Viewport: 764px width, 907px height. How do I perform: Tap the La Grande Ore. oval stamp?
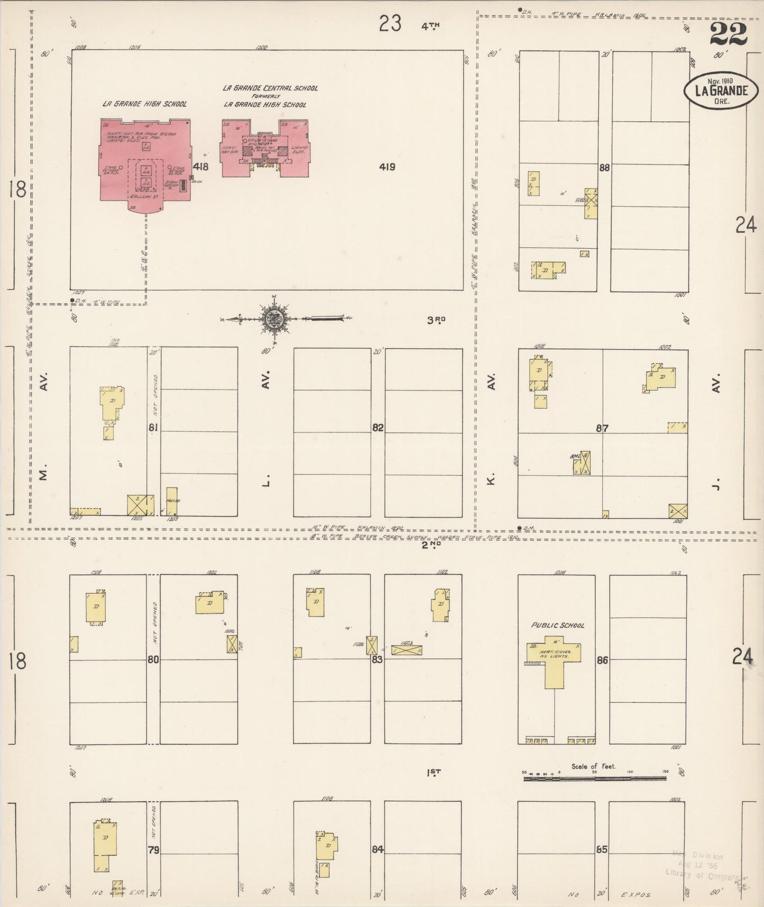coord(721,90)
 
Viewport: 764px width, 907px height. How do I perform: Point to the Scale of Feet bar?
coord(595,779)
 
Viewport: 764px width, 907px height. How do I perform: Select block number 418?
coord(200,167)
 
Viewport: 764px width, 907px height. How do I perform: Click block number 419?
coord(387,167)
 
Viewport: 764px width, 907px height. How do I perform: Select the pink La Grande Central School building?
coord(266,148)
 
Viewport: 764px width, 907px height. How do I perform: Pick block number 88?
coord(604,168)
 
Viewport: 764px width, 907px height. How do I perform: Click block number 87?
coord(602,428)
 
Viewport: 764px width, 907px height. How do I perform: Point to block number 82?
coord(378,428)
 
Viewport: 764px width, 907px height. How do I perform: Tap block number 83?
coord(377,660)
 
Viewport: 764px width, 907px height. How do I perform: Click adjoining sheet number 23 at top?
coord(390,24)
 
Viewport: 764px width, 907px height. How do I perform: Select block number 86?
coord(602,660)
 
